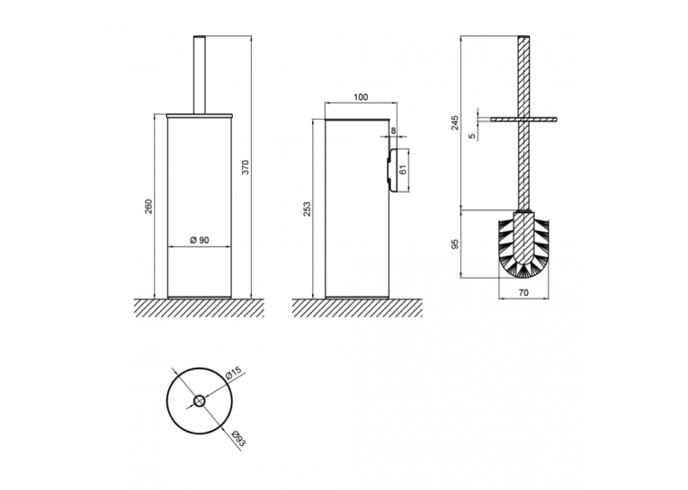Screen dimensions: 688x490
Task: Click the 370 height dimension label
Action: (246, 167)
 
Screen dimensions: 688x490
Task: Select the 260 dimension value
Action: (148, 206)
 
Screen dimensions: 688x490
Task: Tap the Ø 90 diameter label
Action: (200, 240)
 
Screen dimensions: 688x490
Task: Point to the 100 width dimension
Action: (361, 97)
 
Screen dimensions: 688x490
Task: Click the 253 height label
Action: (307, 209)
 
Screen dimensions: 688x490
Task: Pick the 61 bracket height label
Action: (404, 169)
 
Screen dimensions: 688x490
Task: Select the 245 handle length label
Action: (454, 122)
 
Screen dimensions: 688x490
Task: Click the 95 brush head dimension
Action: (454, 244)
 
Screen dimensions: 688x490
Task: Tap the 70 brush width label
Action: (523, 292)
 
